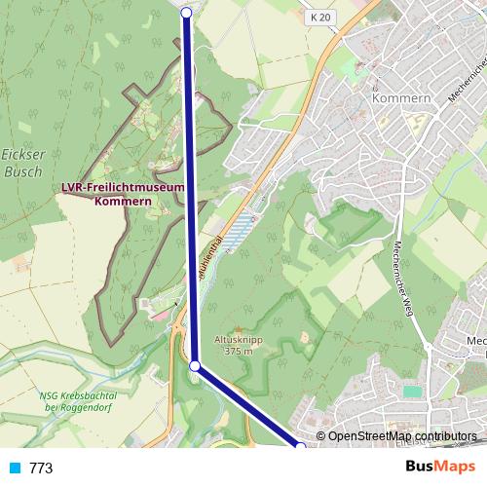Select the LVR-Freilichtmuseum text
123,187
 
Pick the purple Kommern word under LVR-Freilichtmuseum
123,201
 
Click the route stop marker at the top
187,12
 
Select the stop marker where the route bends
195,366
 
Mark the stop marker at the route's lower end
301,447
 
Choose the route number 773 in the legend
41,468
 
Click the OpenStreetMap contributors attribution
400,436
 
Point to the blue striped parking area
241,232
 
